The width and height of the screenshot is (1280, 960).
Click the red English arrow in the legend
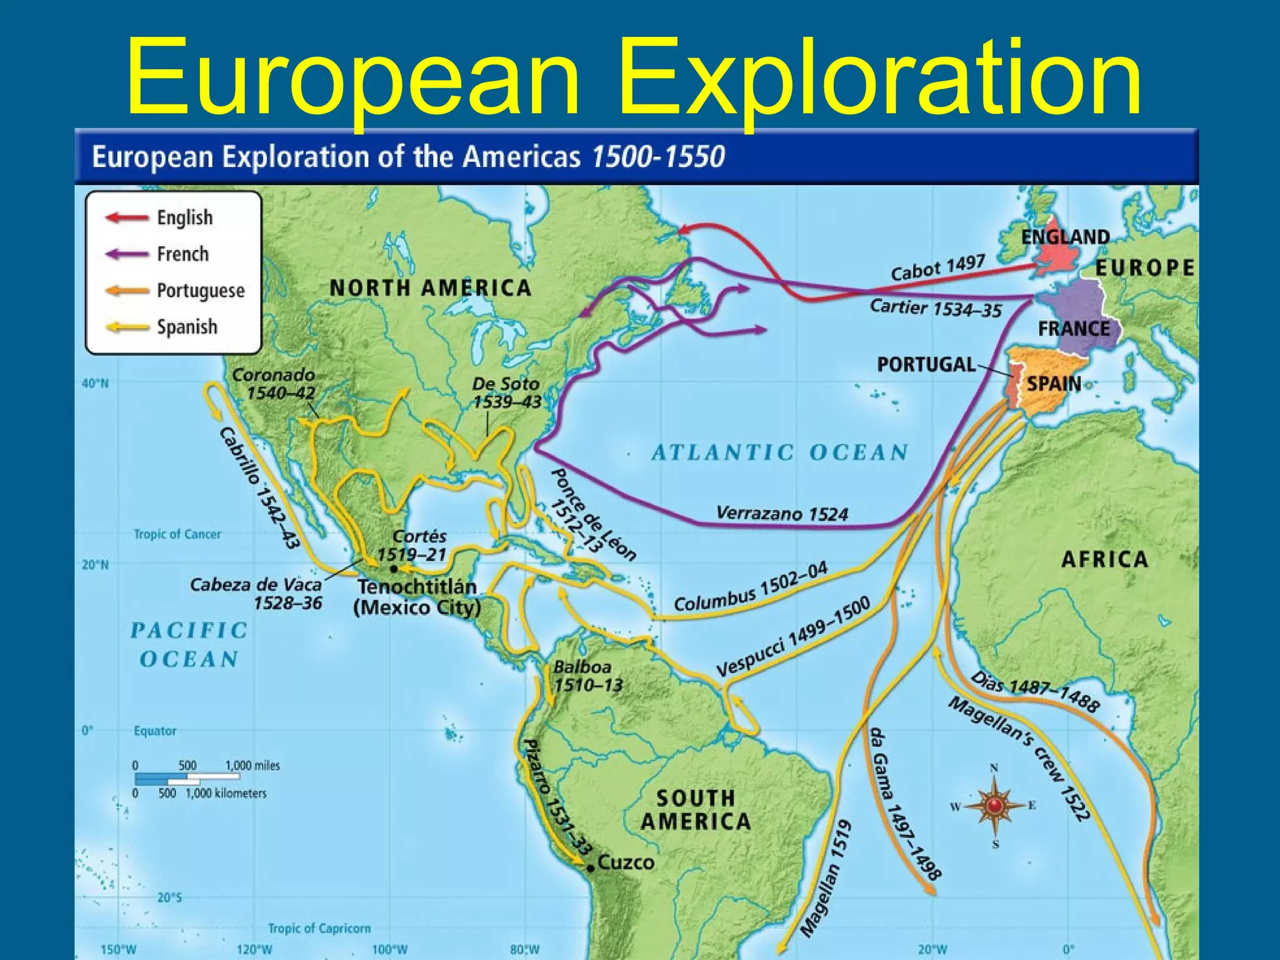tap(127, 217)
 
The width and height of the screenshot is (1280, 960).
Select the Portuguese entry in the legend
tap(200, 291)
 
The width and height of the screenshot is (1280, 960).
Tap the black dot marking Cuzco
tap(591, 868)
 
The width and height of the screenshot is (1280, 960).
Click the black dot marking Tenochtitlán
tap(394, 569)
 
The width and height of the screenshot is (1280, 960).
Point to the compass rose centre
tap(994, 806)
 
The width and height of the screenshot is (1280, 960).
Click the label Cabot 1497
tap(937, 267)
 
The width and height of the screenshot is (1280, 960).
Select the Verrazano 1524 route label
tap(781, 514)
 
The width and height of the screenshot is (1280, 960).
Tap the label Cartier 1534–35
tap(935, 308)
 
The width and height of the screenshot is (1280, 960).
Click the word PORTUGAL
tap(926, 364)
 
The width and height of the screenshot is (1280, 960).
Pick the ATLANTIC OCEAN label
tap(779, 452)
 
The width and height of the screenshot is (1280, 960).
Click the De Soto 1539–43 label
tap(506, 392)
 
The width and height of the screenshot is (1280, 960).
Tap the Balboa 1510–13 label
tap(587, 676)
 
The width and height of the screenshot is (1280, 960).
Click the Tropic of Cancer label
tap(177, 534)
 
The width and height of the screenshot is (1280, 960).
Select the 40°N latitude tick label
tap(95, 384)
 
